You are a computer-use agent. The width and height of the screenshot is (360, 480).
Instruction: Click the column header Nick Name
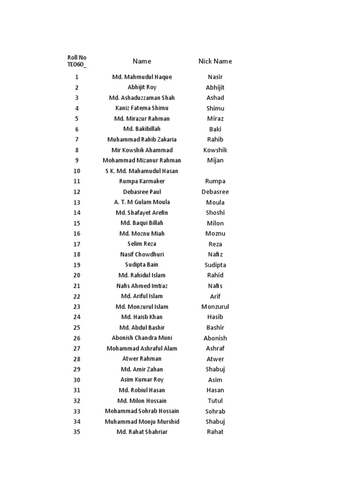coord(215,61)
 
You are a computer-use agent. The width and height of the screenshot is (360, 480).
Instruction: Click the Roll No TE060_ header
coord(77,61)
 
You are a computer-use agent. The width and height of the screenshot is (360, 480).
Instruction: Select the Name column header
coord(142,61)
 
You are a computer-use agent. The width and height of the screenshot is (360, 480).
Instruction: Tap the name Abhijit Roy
coord(142,87)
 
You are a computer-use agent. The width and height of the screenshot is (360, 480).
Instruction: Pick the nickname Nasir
coord(215,77)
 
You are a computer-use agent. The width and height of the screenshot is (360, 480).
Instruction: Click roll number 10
coord(77,171)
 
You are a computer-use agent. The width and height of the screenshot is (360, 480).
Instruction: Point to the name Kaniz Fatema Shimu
coord(142,108)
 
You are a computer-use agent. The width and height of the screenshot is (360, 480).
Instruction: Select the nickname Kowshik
coord(215,150)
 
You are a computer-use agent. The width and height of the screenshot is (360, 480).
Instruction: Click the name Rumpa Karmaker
coord(142,181)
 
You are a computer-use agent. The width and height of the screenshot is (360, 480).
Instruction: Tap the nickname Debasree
coord(215,192)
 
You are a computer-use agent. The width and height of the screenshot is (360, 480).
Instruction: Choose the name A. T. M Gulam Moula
coord(142,202)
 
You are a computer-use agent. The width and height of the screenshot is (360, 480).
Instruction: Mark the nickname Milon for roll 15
coord(215,223)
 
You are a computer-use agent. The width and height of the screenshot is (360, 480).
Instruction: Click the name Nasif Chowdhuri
coord(142,255)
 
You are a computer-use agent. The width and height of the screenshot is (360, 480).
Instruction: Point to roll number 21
coord(77,286)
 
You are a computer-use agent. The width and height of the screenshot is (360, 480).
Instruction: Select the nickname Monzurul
coord(215,307)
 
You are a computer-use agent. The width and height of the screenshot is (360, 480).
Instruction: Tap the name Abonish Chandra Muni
coord(142,338)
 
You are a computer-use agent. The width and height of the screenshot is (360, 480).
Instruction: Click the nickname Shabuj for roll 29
coord(215,369)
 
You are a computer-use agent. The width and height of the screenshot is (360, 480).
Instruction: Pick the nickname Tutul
coord(215,401)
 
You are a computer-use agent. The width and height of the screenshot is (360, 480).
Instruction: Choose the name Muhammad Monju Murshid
coord(142,421)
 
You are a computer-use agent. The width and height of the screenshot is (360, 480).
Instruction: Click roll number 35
coord(77,432)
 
